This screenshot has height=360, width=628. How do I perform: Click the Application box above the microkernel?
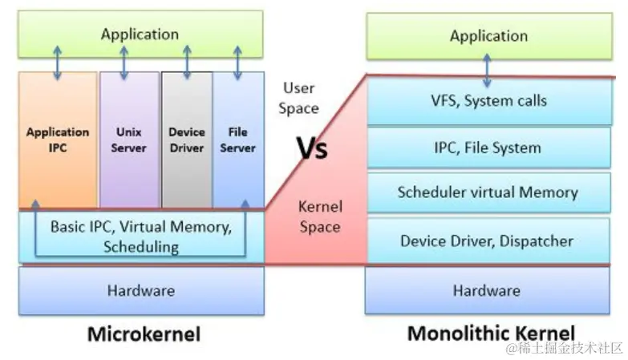pyautogui.click(x=140, y=34)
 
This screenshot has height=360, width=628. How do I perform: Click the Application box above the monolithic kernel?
pyautogui.click(x=488, y=36)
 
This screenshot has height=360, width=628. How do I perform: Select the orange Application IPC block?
pyautogui.click(x=58, y=140)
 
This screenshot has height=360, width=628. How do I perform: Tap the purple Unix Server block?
pyautogui.click(x=128, y=140)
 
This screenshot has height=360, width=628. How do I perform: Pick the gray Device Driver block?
pyautogui.click(x=187, y=140)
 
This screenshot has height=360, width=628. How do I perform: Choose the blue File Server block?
pyautogui.click(x=238, y=140)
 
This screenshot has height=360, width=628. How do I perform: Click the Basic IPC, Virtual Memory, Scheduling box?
pyautogui.click(x=141, y=237)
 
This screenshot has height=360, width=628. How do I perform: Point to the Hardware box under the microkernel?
pyautogui.click(x=141, y=290)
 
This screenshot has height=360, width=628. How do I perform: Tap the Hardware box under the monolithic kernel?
pyautogui.click(x=488, y=290)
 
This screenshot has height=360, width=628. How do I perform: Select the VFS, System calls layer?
pyautogui.click(x=488, y=102)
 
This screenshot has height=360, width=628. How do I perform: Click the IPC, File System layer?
pyautogui.click(x=488, y=148)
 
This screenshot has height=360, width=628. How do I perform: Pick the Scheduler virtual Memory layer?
pyautogui.click(x=488, y=192)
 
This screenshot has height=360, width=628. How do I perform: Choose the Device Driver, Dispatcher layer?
pyautogui.click(x=488, y=241)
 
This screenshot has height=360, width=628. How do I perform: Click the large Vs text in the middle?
pyautogui.click(x=312, y=148)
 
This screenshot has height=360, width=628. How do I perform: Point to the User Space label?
pyautogui.click(x=298, y=98)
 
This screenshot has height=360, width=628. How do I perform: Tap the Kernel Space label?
pyautogui.click(x=319, y=216)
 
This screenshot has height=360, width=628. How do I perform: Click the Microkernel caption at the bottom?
pyautogui.click(x=142, y=334)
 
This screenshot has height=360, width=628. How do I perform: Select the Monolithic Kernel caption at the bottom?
pyautogui.click(x=491, y=334)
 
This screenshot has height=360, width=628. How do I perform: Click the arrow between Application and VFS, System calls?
pyautogui.click(x=488, y=71)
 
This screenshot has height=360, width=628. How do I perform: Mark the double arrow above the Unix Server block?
pyautogui.click(x=124, y=61)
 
